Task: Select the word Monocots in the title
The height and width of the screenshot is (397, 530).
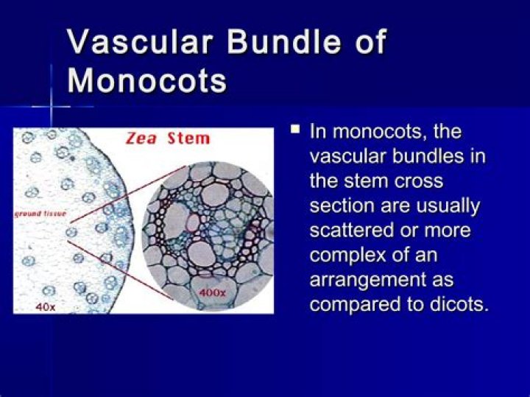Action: tap(147, 80)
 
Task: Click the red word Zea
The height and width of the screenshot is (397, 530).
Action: tap(142, 138)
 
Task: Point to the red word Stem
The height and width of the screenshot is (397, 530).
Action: tap(188, 138)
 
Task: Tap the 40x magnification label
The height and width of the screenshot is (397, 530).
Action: tap(46, 306)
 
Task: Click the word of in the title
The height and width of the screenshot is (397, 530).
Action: tap(366, 43)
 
